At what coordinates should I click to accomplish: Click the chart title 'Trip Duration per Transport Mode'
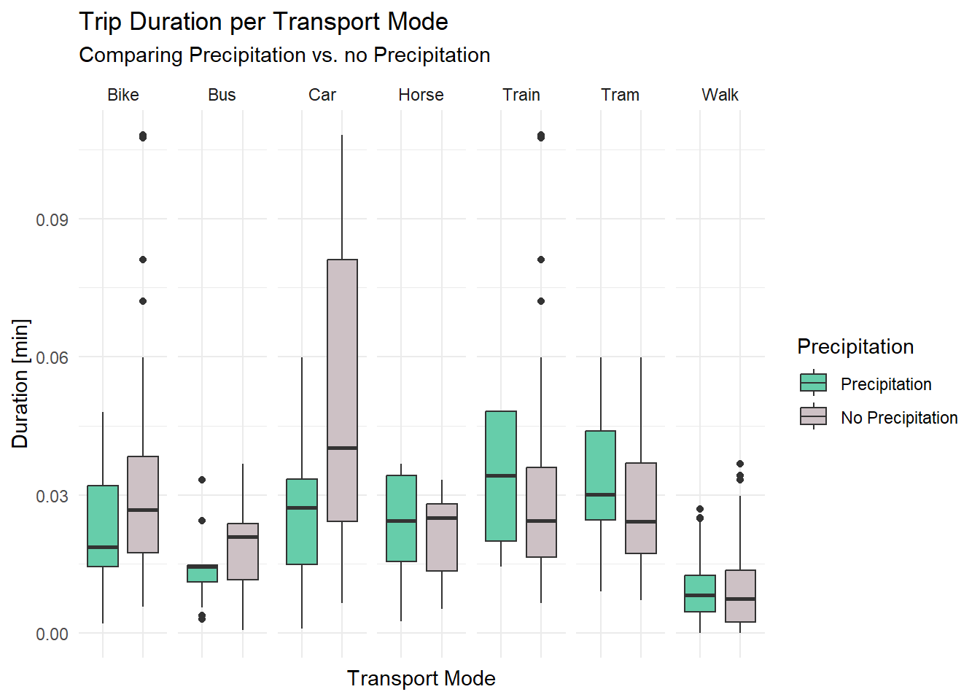263,22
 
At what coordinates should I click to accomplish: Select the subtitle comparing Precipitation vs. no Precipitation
284,55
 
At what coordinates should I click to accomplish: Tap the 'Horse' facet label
421,95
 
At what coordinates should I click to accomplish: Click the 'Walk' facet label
720,95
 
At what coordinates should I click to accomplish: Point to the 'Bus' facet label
222,95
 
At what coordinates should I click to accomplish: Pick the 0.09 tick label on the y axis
52,219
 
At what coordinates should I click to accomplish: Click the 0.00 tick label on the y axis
52,634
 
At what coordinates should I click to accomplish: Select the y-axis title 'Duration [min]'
20,384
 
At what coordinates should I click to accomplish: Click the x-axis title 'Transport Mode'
421,678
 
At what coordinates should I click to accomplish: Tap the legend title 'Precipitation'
855,346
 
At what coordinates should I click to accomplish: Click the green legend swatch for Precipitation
813,383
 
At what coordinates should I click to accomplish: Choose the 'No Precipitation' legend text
899,418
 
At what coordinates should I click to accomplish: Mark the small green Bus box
202,573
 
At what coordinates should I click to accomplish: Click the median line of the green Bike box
103,547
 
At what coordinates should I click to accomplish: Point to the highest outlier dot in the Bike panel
143,136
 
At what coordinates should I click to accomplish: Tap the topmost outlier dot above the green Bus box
202,480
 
